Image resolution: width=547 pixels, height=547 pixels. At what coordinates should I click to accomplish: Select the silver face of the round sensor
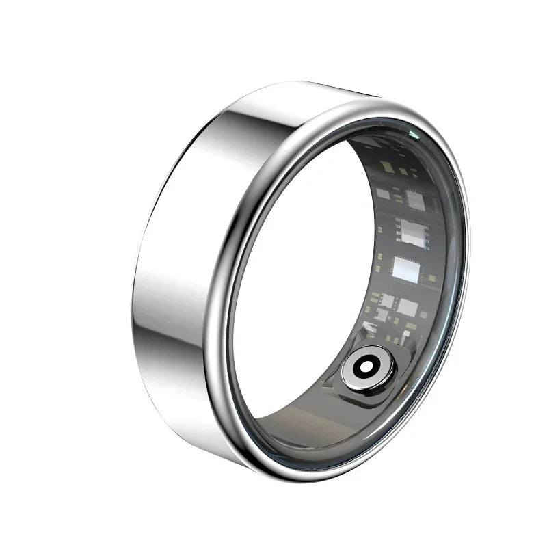[362, 375]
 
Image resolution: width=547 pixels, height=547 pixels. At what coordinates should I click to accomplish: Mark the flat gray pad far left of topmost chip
[383, 194]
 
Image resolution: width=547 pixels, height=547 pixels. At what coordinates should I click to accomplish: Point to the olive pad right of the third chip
[432, 279]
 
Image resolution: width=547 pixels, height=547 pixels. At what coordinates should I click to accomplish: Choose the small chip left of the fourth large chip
[387, 301]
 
